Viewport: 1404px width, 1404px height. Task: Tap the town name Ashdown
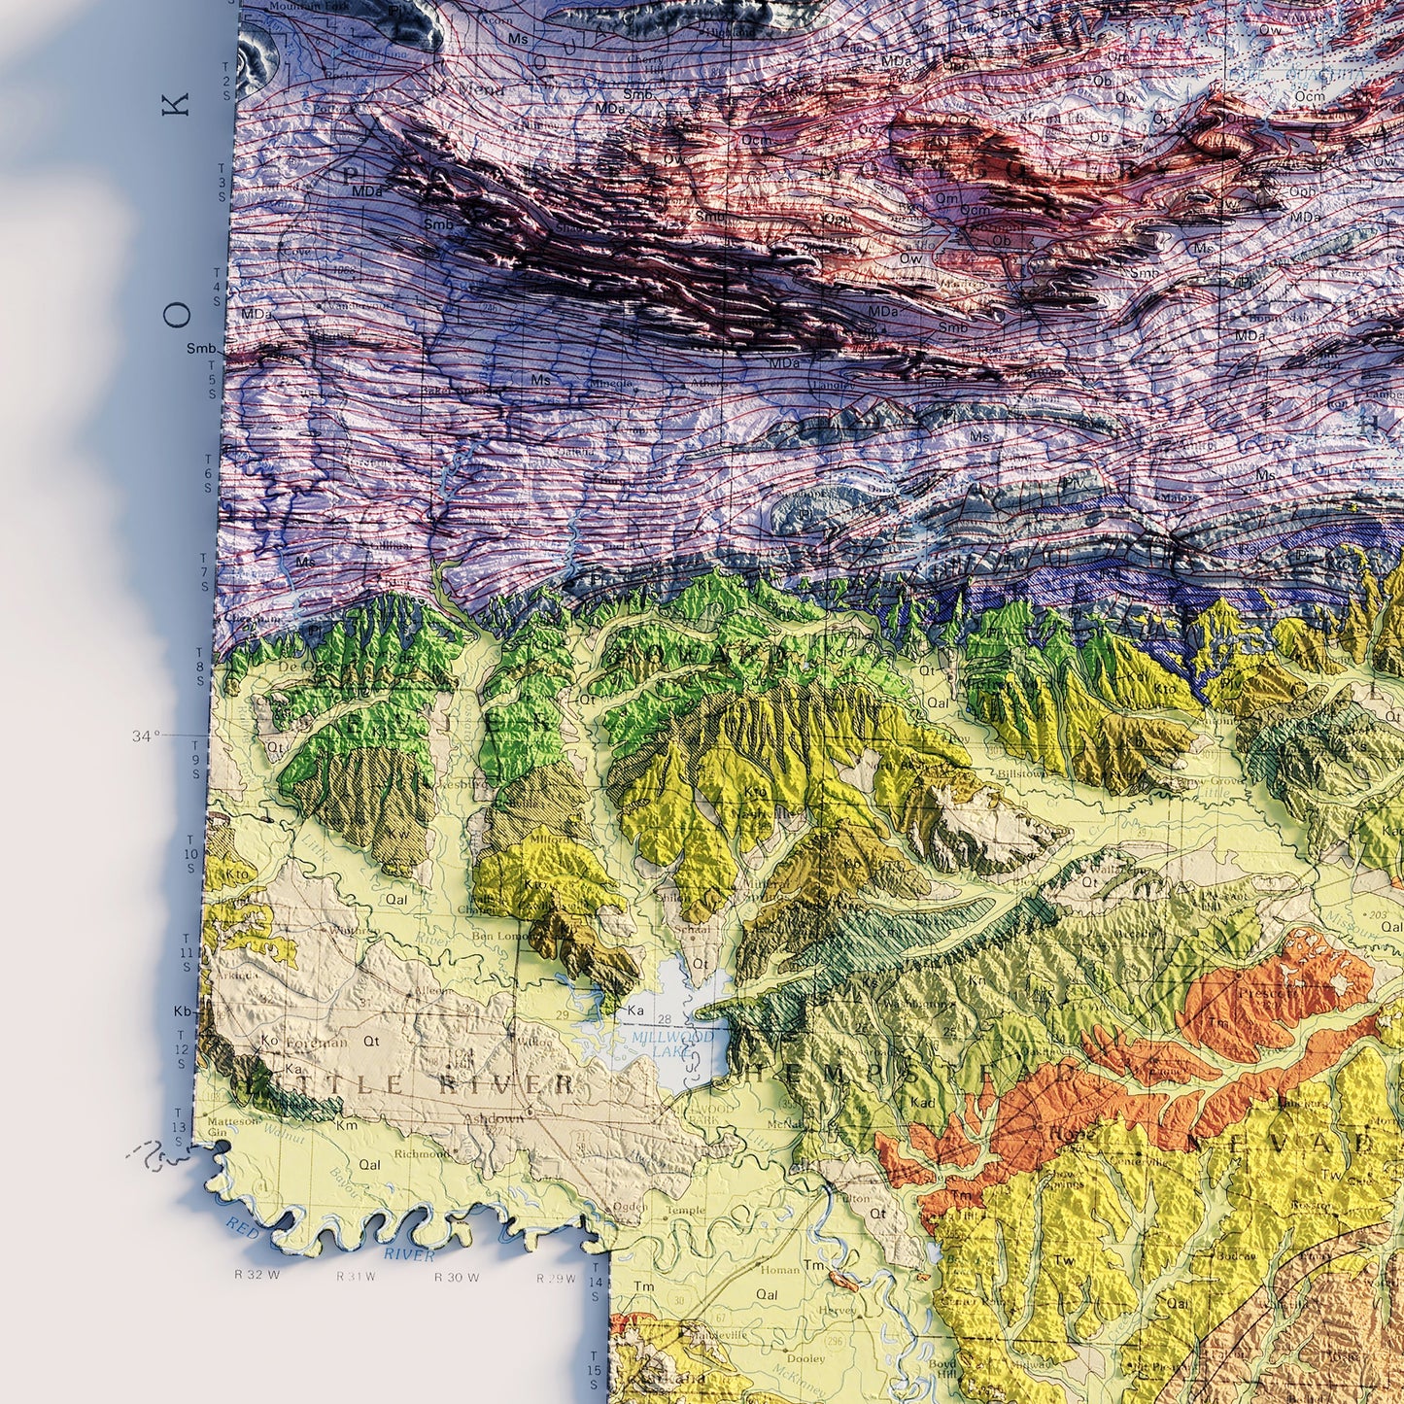click(494, 1118)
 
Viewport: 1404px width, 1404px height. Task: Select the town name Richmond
click(422, 1153)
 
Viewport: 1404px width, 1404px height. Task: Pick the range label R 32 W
click(257, 1275)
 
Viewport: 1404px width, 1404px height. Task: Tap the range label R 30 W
click(457, 1277)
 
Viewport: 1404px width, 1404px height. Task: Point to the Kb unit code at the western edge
click(182, 1011)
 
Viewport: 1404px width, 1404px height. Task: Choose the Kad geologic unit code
click(922, 1103)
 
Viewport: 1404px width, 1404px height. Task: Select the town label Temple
click(686, 1211)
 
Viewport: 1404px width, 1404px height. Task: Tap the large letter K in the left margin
click(177, 104)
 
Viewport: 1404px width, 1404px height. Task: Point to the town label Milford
click(549, 839)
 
